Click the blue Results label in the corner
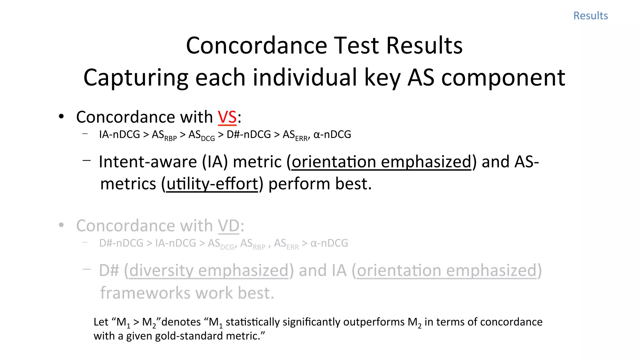(x=590, y=16)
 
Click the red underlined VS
(x=227, y=117)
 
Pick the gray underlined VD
(x=229, y=226)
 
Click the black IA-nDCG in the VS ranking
(x=119, y=134)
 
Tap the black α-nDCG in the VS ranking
(x=332, y=134)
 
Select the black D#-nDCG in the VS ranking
(x=248, y=134)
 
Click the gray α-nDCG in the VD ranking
(x=329, y=243)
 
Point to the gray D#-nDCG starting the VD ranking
(x=121, y=243)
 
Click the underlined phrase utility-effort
(x=212, y=184)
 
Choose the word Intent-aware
(x=147, y=162)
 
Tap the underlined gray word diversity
(x=161, y=271)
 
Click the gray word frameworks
(x=144, y=293)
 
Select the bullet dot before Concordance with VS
(x=61, y=117)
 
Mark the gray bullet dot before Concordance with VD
(x=61, y=225)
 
